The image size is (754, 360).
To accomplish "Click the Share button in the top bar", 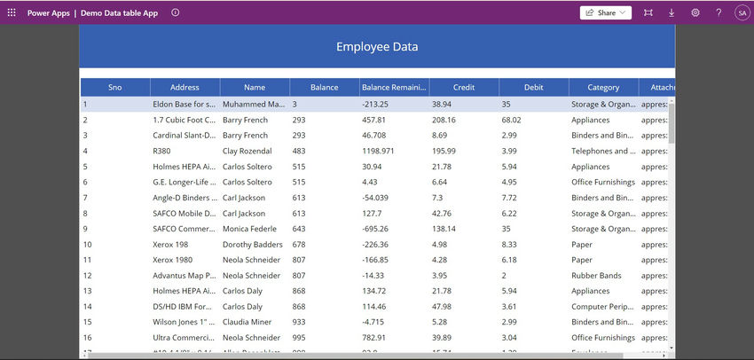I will [605, 12].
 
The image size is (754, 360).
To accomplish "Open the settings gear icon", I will [695, 12].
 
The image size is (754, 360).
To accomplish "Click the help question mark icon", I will [719, 12].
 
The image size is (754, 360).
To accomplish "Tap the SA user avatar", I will [741, 12].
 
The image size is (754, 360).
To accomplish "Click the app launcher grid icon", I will [12, 12].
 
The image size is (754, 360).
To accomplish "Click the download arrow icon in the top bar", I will [672, 12].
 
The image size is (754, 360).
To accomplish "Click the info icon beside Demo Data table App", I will [175, 12].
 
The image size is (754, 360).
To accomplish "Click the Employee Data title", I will [377, 47].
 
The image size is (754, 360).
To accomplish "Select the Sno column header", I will [115, 88].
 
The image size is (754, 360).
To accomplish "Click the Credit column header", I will [464, 88].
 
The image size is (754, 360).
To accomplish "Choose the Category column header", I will [603, 88].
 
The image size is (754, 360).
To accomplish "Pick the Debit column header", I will [534, 88].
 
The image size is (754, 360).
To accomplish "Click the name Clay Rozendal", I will [247, 151].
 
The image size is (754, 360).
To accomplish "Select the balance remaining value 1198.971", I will [383, 151].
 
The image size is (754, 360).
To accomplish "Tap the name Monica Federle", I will [250, 229].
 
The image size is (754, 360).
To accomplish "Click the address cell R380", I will [163, 151].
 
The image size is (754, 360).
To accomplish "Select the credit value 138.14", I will [444, 229].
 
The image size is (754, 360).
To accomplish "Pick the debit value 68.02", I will [511, 120].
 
